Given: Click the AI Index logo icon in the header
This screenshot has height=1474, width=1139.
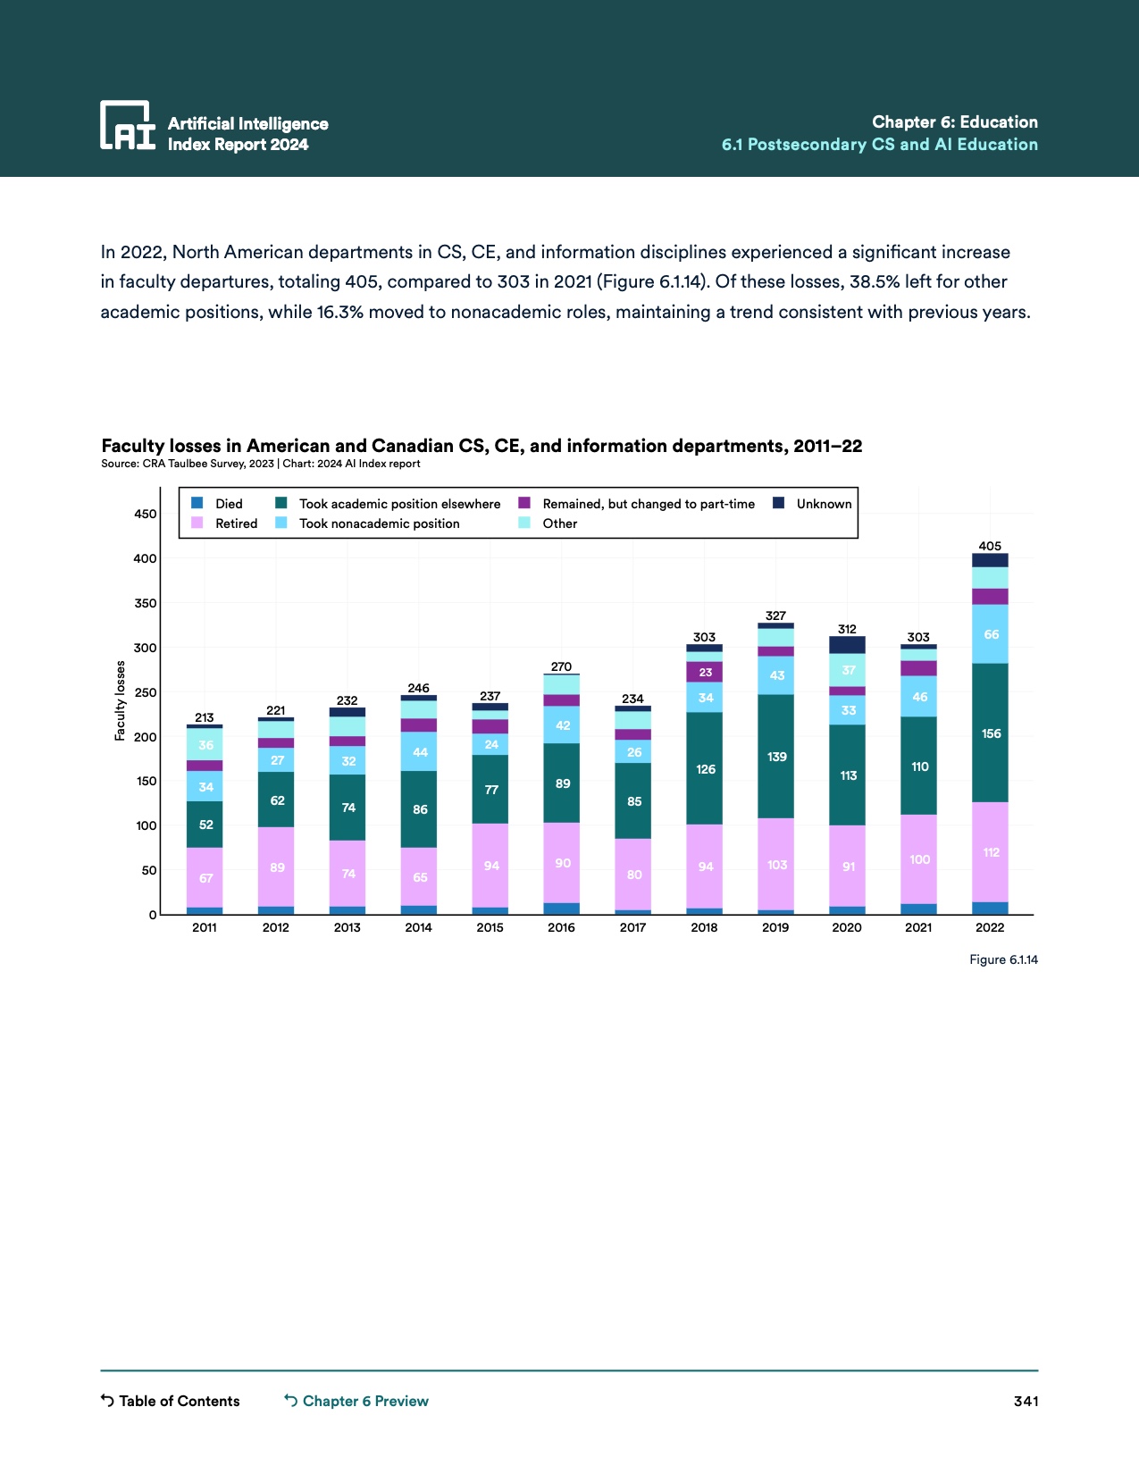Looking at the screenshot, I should coord(128,124).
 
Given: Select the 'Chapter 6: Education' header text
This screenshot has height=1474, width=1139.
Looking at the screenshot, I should coord(954,122).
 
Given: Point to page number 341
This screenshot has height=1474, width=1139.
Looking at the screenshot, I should coord(1026,1401).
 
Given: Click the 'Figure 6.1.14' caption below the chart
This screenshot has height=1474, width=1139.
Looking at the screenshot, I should coord(1003,959).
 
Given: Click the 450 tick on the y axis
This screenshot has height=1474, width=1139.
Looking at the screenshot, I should coord(146,514).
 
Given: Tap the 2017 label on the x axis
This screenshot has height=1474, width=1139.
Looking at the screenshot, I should coord(632,927).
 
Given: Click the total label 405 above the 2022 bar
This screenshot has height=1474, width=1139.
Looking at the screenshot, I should coord(990,546).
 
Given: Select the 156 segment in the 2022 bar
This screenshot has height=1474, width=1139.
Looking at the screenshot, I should coord(991,733).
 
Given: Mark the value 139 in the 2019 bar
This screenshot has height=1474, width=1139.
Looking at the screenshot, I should coord(776,757).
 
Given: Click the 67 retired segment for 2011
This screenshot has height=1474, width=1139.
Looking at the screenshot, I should coord(205,878).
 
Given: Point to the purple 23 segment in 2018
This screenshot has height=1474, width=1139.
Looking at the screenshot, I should coord(705,673).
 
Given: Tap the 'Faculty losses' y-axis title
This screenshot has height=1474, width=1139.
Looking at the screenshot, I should coord(120,701).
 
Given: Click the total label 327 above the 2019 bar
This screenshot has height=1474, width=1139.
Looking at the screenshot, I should coord(775,616).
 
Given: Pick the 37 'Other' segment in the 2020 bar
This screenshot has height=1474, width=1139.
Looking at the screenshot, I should coord(848,670).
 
